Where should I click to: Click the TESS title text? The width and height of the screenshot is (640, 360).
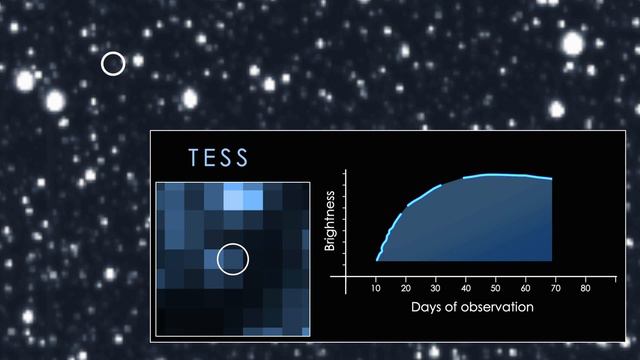(x=218, y=158)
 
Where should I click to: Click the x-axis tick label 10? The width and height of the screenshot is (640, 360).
(x=376, y=288)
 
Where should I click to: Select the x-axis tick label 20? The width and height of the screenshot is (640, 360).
(x=406, y=288)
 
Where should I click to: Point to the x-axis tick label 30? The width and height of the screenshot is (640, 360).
(x=436, y=288)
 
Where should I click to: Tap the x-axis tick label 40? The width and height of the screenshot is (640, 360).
(x=466, y=288)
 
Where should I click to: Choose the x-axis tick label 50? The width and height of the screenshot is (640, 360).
(x=496, y=288)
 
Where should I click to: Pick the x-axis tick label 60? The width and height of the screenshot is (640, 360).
(x=526, y=288)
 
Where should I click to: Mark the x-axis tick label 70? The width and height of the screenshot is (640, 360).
(x=556, y=288)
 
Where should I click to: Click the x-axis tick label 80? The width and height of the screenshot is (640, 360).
(x=586, y=288)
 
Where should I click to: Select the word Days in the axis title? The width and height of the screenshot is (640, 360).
(x=427, y=306)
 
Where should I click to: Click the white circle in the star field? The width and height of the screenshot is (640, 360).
(x=113, y=64)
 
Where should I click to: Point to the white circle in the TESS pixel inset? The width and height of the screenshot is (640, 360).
(x=232, y=260)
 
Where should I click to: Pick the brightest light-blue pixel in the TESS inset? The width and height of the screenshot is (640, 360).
(x=232, y=200)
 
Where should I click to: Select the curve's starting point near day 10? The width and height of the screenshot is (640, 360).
(x=376, y=259)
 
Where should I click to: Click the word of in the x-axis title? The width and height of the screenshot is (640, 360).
(x=457, y=306)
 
